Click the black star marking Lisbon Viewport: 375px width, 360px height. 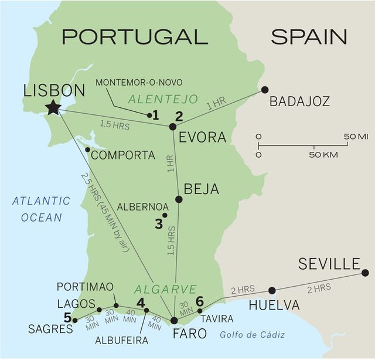click(53, 107)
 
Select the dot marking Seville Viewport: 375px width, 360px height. click(365, 273)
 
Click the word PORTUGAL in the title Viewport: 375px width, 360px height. click(135, 37)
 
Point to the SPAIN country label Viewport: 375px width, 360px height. click(309, 37)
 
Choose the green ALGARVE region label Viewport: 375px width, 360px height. click(165, 290)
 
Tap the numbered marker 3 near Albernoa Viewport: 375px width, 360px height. click(158, 223)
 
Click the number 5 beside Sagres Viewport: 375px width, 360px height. click(68, 318)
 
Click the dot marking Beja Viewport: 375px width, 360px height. click(179, 199)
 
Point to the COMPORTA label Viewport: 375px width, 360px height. click(123, 155)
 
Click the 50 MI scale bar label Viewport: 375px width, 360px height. click(356, 137)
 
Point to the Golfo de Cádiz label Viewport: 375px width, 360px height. click(253, 335)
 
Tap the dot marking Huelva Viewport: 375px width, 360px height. click(272, 290)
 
